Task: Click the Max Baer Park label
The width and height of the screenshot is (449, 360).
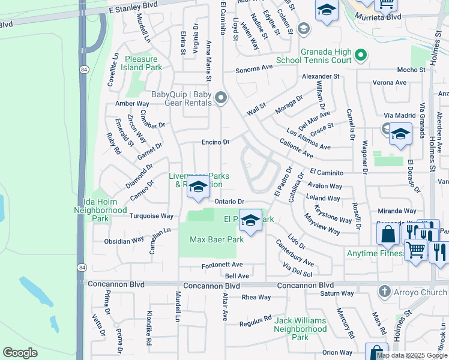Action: click(217, 239)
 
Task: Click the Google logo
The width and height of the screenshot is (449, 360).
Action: click(20, 353)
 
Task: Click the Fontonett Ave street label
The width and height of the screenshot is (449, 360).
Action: click(221, 265)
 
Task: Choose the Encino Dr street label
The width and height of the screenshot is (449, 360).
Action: click(215, 142)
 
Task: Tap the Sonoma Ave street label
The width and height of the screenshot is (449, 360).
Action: click(254, 70)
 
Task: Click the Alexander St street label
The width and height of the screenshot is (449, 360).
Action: click(321, 77)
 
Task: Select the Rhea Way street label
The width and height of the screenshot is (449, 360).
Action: click(256, 297)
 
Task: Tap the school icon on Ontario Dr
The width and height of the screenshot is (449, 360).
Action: click(198, 188)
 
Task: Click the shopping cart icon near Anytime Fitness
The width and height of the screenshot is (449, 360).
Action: click(415, 248)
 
